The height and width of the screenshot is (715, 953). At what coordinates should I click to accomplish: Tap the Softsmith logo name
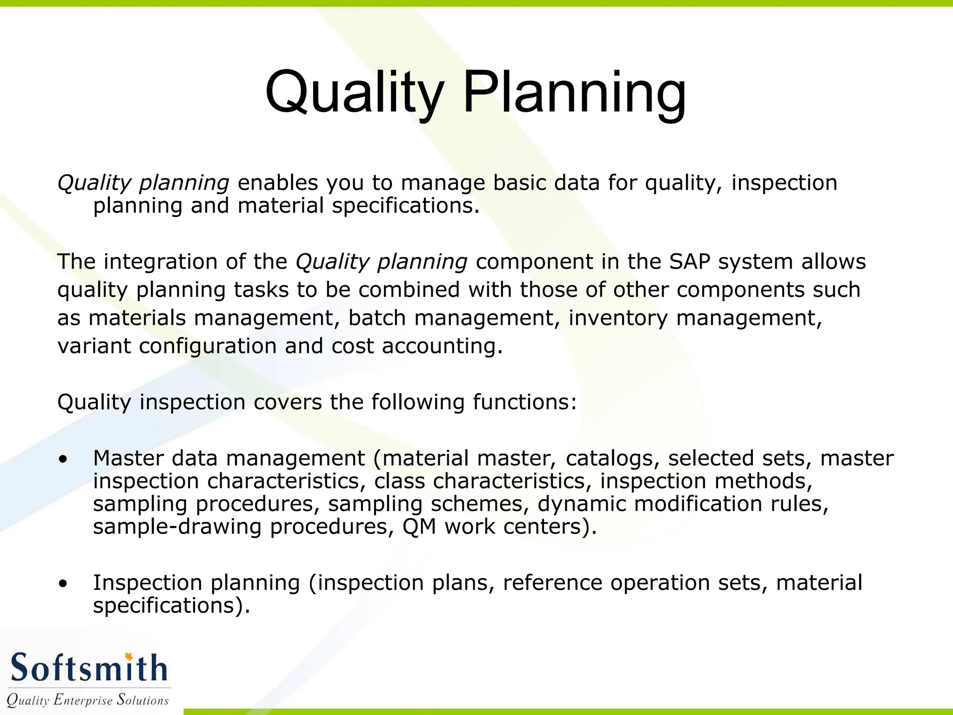[x=88, y=668]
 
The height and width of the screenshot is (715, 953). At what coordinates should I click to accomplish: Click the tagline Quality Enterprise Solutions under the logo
[x=87, y=700]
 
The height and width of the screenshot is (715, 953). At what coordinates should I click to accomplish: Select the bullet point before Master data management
[x=63, y=459]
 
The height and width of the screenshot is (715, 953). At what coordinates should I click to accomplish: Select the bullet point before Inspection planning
[x=63, y=584]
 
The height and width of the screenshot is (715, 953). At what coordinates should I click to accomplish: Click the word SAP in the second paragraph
[x=690, y=262]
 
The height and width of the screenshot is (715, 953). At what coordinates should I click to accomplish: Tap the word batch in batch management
[x=377, y=318]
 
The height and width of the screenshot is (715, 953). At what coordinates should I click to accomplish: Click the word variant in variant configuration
[x=94, y=346]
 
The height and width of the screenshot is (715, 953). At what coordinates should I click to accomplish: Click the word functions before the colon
[x=521, y=402]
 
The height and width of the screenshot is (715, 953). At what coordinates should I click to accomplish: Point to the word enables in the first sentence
[x=278, y=183]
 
